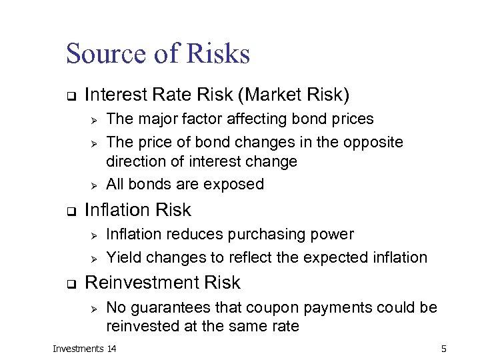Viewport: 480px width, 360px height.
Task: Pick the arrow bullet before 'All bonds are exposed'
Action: [x=94, y=185]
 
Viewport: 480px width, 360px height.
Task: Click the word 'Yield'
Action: [x=124, y=257]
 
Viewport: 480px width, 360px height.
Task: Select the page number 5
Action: [x=443, y=349]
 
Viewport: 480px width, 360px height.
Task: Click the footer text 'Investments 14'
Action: [x=85, y=349]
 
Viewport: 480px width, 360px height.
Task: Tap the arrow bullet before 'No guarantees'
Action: [x=94, y=308]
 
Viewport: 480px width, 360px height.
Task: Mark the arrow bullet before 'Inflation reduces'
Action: [x=94, y=235]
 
